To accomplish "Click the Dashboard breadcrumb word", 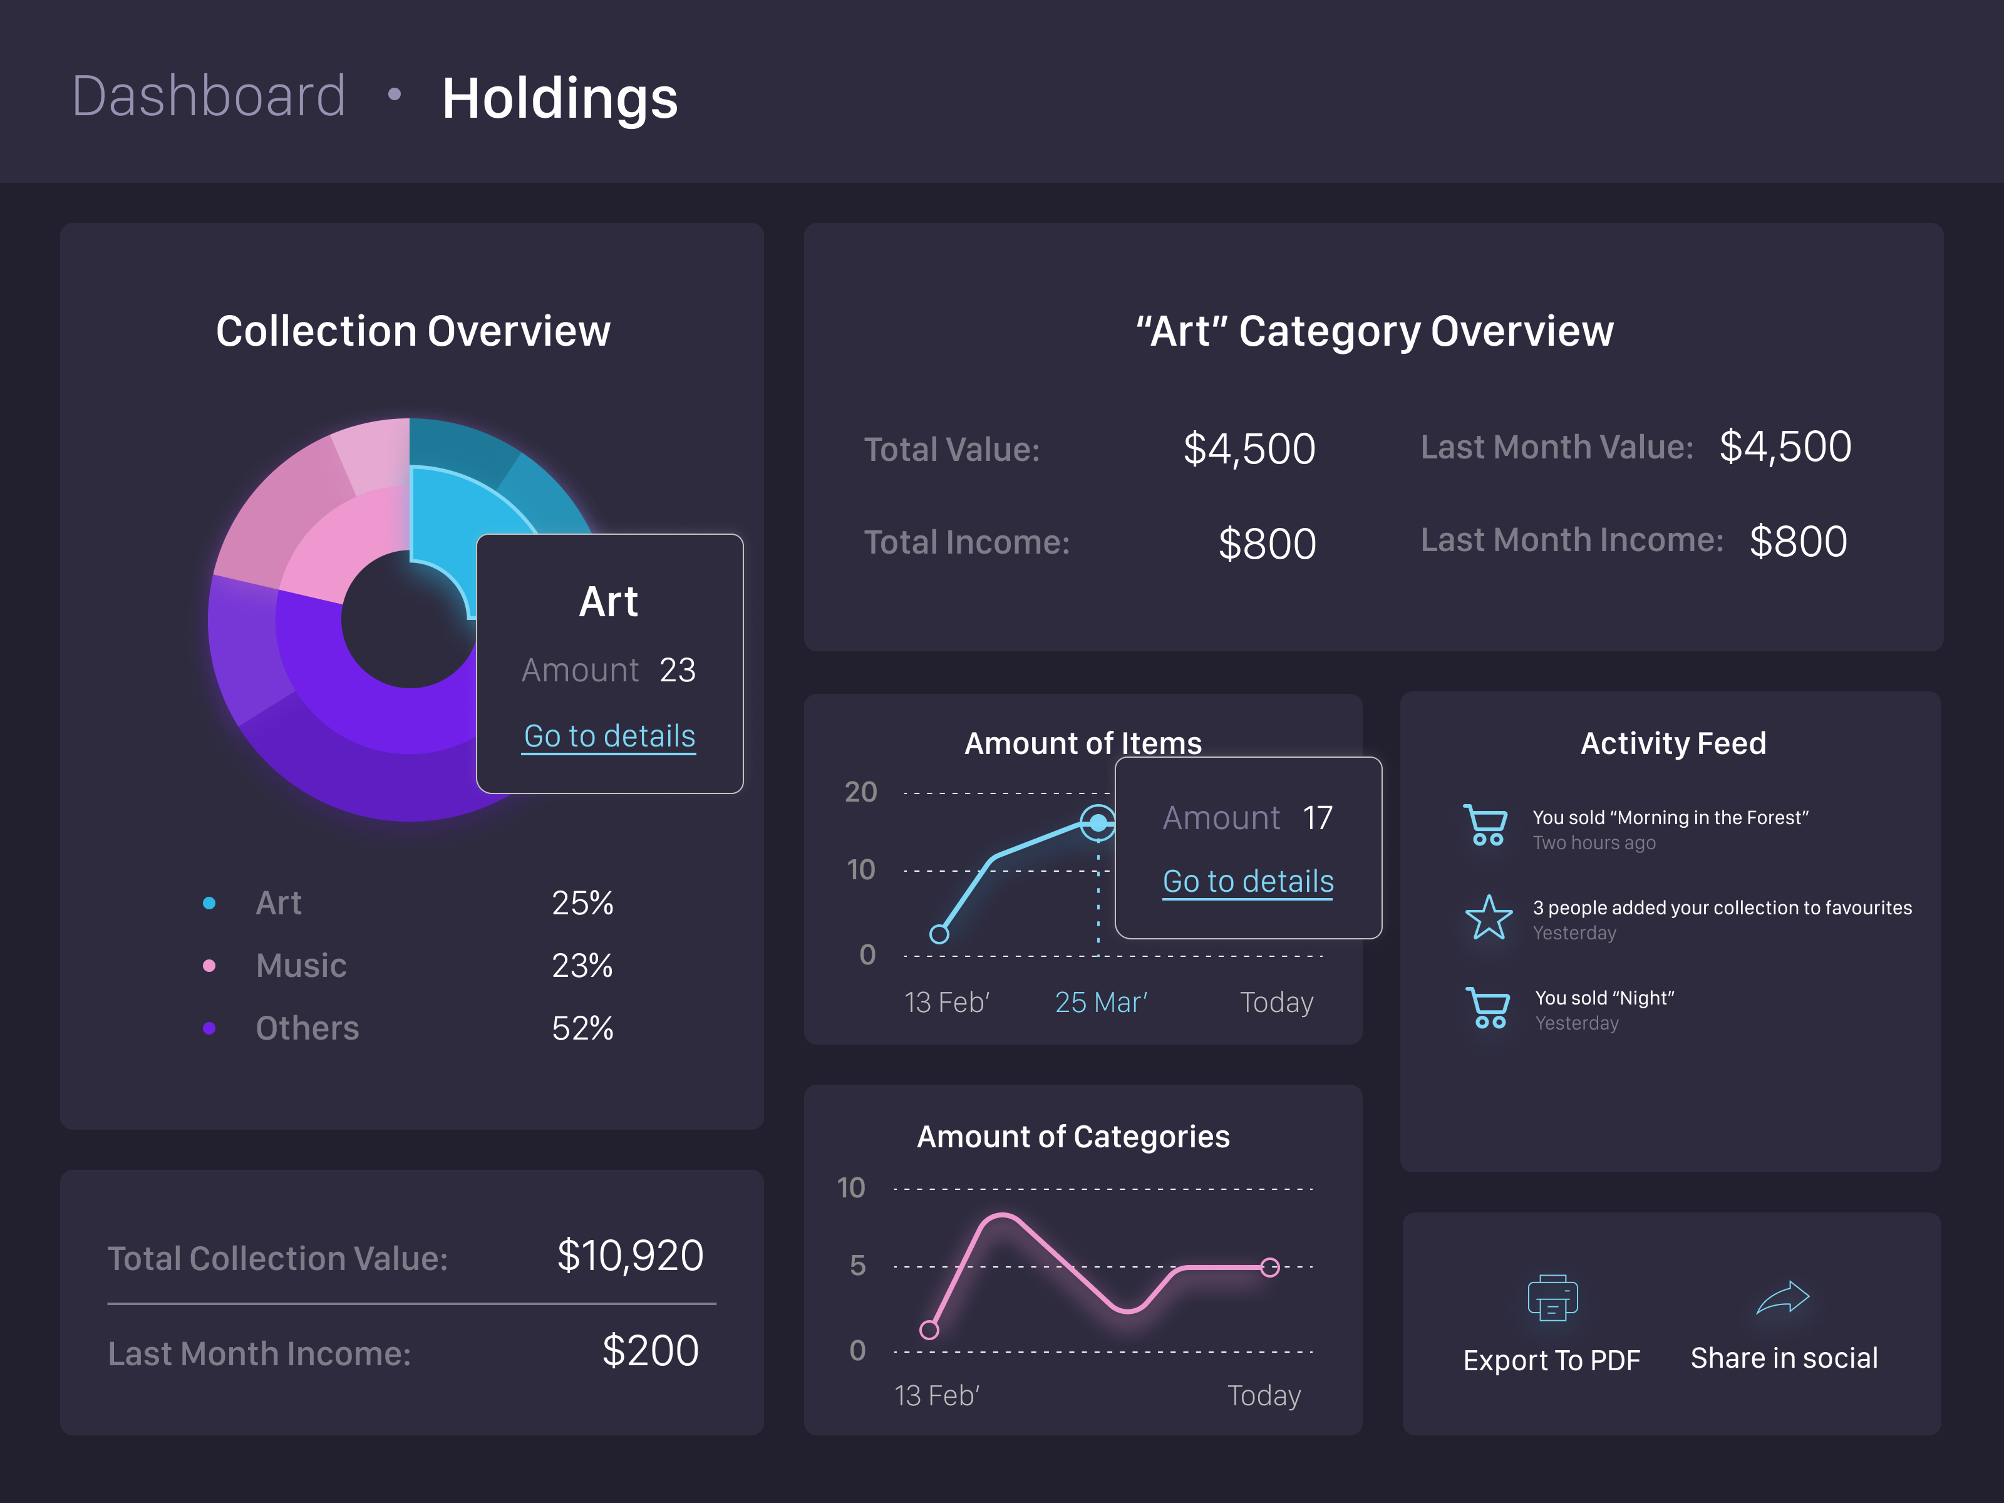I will pos(209,96).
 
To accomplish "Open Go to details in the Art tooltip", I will pos(610,736).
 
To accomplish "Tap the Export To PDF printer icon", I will pos(1552,1298).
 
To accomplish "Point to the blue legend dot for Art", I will pos(209,903).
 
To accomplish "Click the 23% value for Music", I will pos(582,966).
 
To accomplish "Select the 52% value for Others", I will pos(582,1028).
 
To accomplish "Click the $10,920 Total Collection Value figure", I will pos(629,1256).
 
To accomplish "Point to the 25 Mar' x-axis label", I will pos(1101,1003).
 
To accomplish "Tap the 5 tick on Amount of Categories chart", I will pos(857,1266).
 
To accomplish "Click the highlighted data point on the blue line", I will pos(1098,823).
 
